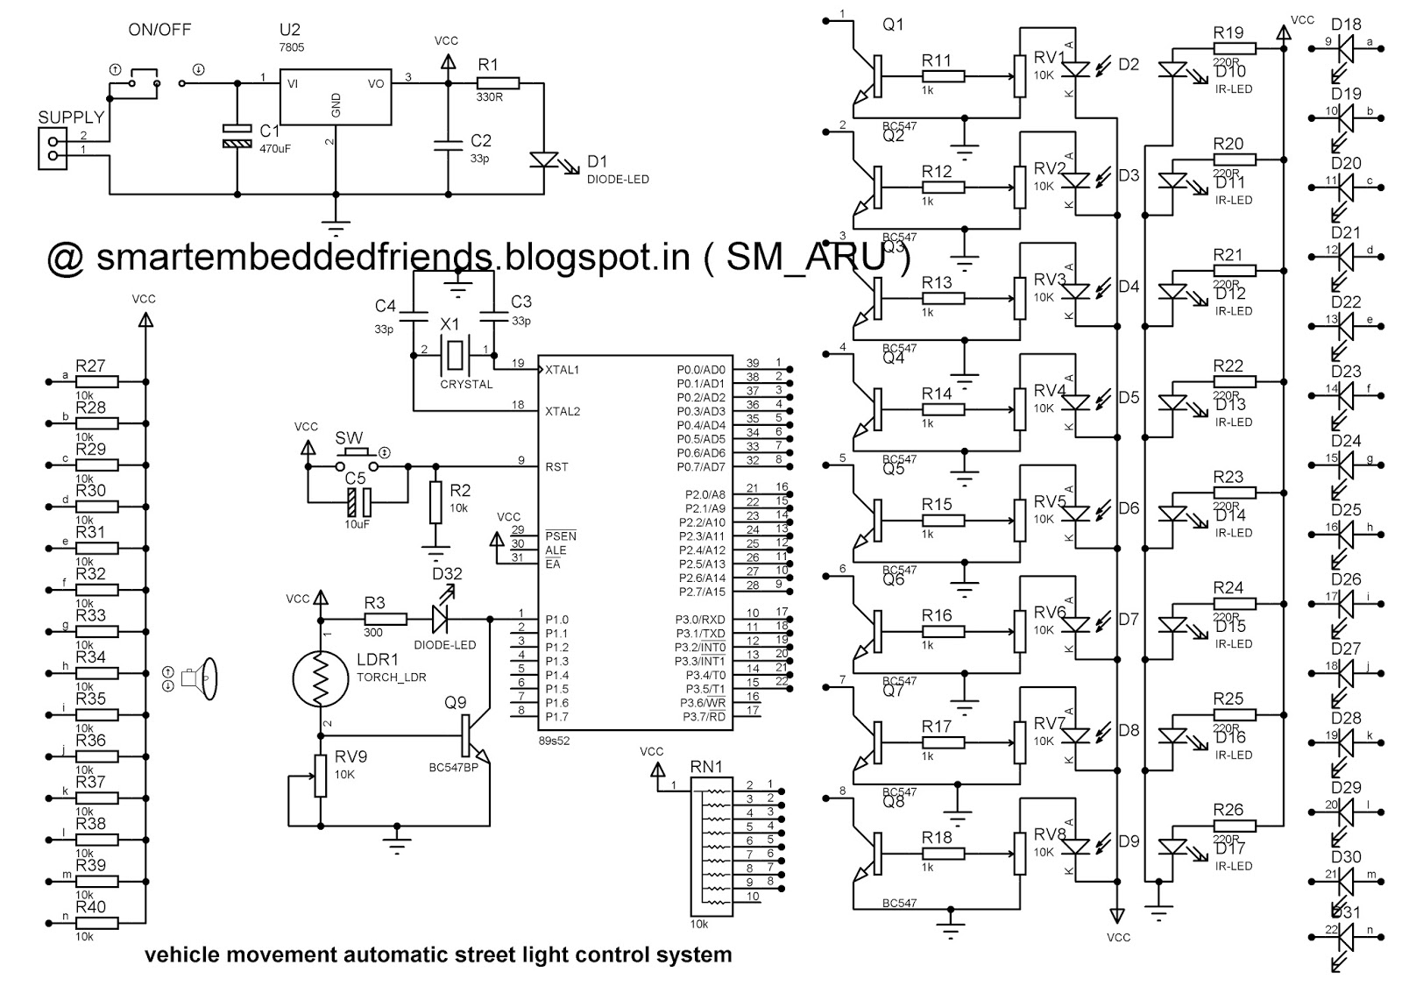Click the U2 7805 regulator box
[336, 98]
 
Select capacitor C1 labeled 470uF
[236, 136]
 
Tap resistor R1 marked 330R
[497, 83]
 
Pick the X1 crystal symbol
[453, 354]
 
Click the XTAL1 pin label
[563, 370]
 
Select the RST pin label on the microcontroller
[556, 466]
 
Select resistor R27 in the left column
[96, 382]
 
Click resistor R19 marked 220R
[1234, 48]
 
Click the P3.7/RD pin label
[704, 717]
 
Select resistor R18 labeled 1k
[942, 854]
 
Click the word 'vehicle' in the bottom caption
[179, 954]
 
